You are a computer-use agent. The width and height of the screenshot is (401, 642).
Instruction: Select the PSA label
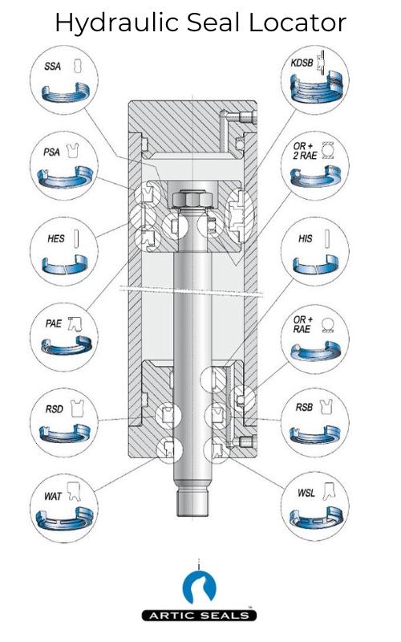point(52,151)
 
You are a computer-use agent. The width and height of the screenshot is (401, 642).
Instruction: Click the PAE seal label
point(52,323)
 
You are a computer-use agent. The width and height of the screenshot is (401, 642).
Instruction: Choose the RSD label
point(53,409)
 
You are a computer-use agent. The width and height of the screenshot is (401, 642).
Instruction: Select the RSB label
point(304,409)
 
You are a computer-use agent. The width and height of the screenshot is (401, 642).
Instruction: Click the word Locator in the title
point(296,22)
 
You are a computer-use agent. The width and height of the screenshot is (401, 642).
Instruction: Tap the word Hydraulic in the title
point(107,24)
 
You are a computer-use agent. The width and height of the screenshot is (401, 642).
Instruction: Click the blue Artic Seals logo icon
point(200,588)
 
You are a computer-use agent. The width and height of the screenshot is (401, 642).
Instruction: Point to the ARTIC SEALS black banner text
point(200,616)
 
